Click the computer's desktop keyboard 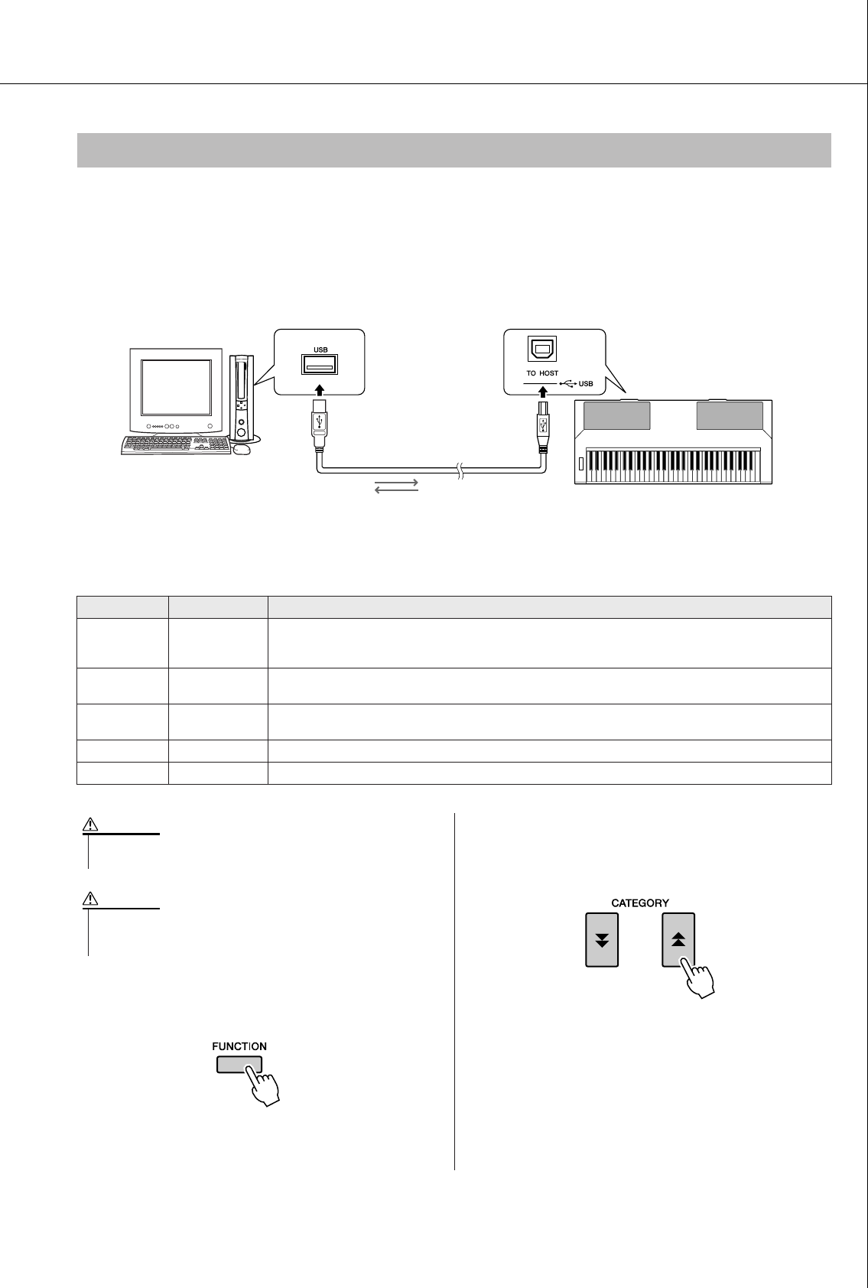[x=175, y=446]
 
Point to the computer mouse [x=242, y=449]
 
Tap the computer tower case [x=242, y=397]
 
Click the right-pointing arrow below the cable [x=396, y=483]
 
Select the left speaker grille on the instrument [x=616, y=417]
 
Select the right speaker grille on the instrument [x=730, y=417]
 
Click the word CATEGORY [x=640, y=903]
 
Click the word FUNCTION [x=239, y=1046]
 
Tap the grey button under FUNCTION [x=239, y=1065]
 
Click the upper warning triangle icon [x=89, y=825]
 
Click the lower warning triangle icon [x=89, y=899]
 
